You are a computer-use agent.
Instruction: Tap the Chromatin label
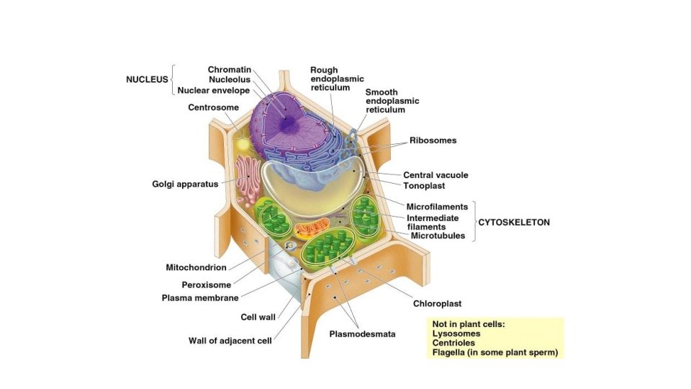(x=229, y=69)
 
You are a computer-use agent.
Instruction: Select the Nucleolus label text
(x=229, y=80)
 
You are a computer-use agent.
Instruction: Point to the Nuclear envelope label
(x=214, y=91)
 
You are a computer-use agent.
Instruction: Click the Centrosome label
(x=213, y=108)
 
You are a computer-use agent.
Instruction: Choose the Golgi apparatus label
(x=185, y=184)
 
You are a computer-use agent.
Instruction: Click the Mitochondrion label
(x=197, y=267)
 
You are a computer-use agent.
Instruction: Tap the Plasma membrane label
(x=200, y=298)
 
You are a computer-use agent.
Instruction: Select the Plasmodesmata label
(x=362, y=334)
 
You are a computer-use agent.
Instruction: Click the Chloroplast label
(x=437, y=304)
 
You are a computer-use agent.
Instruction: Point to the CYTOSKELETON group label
(x=514, y=223)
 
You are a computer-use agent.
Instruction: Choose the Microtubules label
(x=438, y=236)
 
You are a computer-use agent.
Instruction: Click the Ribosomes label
(x=433, y=140)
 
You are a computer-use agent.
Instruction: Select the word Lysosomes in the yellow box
(x=456, y=334)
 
